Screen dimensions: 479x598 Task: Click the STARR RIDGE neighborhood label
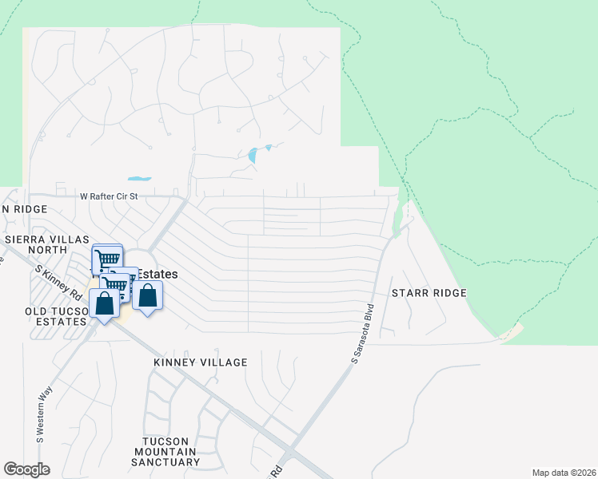click(429, 293)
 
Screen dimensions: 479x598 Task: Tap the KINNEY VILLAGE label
click(201, 362)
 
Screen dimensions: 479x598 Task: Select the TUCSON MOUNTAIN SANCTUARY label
click(171, 452)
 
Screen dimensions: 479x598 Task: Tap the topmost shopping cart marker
click(108, 258)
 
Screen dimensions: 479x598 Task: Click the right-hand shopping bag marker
click(148, 296)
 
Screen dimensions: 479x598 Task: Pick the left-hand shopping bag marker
click(104, 304)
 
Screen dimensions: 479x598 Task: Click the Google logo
click(26, 469)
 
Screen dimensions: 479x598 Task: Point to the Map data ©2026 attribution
click(563, 473)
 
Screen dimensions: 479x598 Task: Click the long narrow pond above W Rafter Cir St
click(139, 178)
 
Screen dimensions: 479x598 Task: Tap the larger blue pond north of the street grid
click(254, 155)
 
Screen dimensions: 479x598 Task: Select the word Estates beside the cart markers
click(158, 273)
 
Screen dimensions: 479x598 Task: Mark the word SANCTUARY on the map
click(171, 462)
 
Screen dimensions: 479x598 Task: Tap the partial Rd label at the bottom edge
click(277, 470)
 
